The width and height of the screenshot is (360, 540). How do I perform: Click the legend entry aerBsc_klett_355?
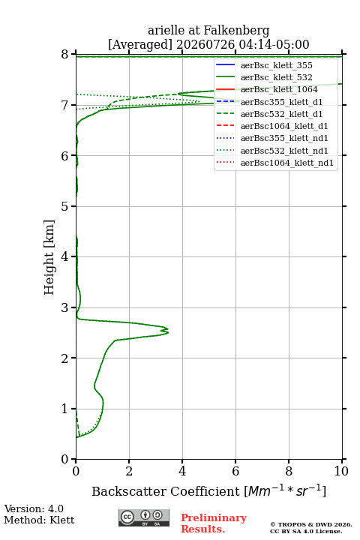276,65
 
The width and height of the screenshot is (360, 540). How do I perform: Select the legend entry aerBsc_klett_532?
276,77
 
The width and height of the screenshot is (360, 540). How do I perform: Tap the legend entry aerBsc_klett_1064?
279,89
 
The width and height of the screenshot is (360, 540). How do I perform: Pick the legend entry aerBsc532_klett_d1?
281,114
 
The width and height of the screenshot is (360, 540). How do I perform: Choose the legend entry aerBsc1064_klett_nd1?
287,163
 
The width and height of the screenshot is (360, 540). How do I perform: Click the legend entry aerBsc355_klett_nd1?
284,138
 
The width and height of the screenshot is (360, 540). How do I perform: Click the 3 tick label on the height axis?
64,307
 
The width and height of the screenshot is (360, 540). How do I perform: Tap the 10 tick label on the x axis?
341,471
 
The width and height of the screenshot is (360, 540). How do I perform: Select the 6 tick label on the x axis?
235,471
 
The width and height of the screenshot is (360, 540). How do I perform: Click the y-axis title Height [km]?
49,257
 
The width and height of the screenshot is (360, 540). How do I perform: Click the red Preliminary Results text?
214,523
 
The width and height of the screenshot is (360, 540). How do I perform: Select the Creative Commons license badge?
144,517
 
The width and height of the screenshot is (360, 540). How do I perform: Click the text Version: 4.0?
34,508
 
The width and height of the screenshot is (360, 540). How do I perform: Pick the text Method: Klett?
39,520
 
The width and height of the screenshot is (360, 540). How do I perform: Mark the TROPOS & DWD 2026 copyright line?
311,524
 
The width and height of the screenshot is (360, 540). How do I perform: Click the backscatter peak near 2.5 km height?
168,331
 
